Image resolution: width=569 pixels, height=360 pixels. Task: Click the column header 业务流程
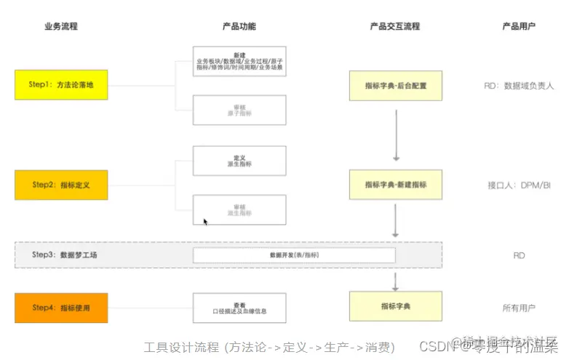(x=61, y=27)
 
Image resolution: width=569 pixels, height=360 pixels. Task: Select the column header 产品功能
(x=239, y=27)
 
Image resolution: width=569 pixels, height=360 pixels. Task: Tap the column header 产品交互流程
(x=395, y=27)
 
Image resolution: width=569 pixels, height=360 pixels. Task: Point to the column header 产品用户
(x=519, y=27)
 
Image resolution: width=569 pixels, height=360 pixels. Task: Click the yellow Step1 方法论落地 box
(x=61, y=85)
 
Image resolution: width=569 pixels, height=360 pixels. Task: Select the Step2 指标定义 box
(x=61, y=185)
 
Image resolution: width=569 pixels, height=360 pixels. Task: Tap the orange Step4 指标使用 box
(x=61, y=308)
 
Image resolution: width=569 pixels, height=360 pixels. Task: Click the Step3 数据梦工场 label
(x=65, y=255)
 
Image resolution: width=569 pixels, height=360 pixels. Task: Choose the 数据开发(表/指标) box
(x=294, y=255)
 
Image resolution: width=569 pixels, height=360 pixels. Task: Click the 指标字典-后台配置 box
(x=396, y=85)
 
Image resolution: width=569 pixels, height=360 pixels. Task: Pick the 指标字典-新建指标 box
(x=396, y=185)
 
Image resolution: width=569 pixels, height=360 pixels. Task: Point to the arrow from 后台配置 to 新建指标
(x=396, y=135)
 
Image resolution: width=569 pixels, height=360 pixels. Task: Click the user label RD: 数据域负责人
(x=519, y=86)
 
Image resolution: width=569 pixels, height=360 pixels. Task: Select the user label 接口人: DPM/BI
(x=519, y=185)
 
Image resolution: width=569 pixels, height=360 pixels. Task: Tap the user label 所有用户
(x=519, y=308)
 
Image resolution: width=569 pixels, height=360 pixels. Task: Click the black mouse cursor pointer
(x=205, y=221)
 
